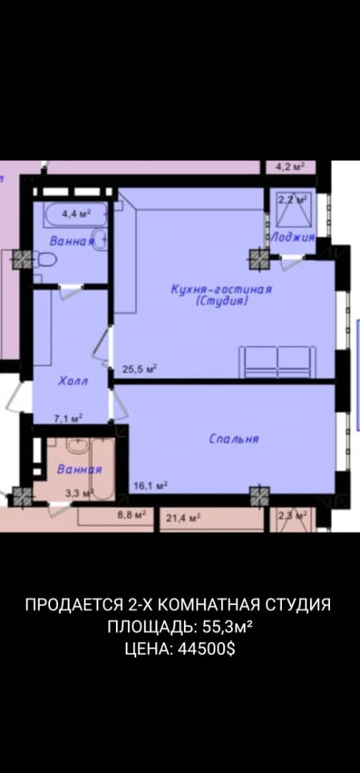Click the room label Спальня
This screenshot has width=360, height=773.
click(x=233, y=439)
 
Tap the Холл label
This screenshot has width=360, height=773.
click(x=72, y=381)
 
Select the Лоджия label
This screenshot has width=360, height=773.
click(x=292, y=237)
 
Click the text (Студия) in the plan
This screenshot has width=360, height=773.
click(x=222, y=301)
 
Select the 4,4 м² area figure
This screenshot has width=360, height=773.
click(x=75, y=213)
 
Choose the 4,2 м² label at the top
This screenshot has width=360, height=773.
click(x=291, y=167)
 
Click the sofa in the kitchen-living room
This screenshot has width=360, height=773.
click(x=277, y=361)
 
